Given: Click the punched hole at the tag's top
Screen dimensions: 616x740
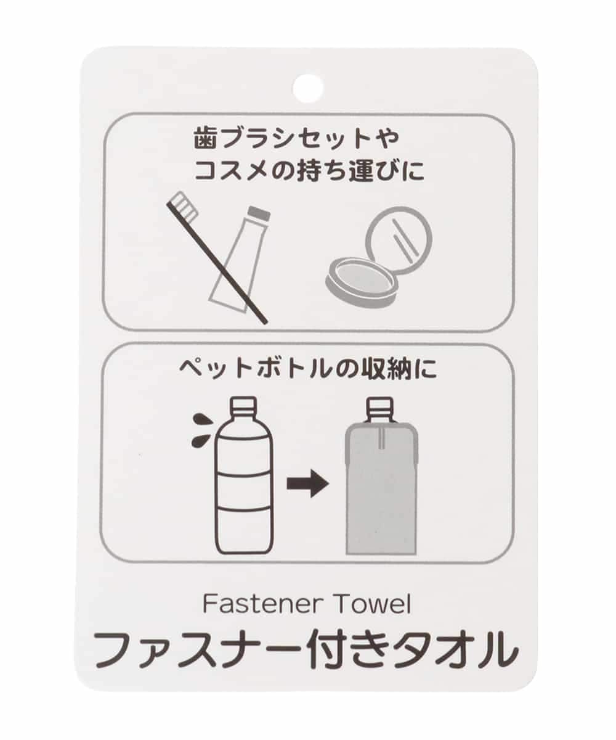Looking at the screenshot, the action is (x=308, y=89).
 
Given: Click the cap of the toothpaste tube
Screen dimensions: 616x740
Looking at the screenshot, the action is (x=259, y=214).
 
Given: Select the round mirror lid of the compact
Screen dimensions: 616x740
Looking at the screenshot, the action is (x=399, y=240).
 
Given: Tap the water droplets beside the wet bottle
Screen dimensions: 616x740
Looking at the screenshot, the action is (x=201, y=430).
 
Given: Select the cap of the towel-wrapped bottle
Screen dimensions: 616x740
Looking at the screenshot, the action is (x=380, y=405).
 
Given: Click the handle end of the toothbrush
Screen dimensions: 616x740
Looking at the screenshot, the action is (x=263, y=320).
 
